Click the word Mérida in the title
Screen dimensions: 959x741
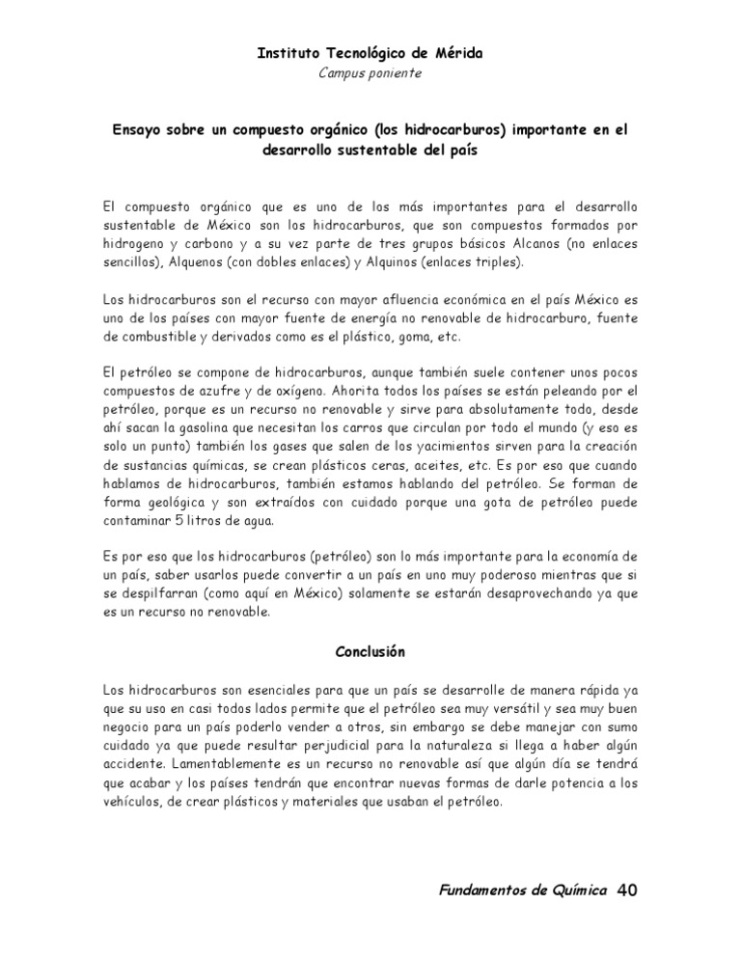tap(455, 55)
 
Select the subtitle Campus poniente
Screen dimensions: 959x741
tap(370, 73)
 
